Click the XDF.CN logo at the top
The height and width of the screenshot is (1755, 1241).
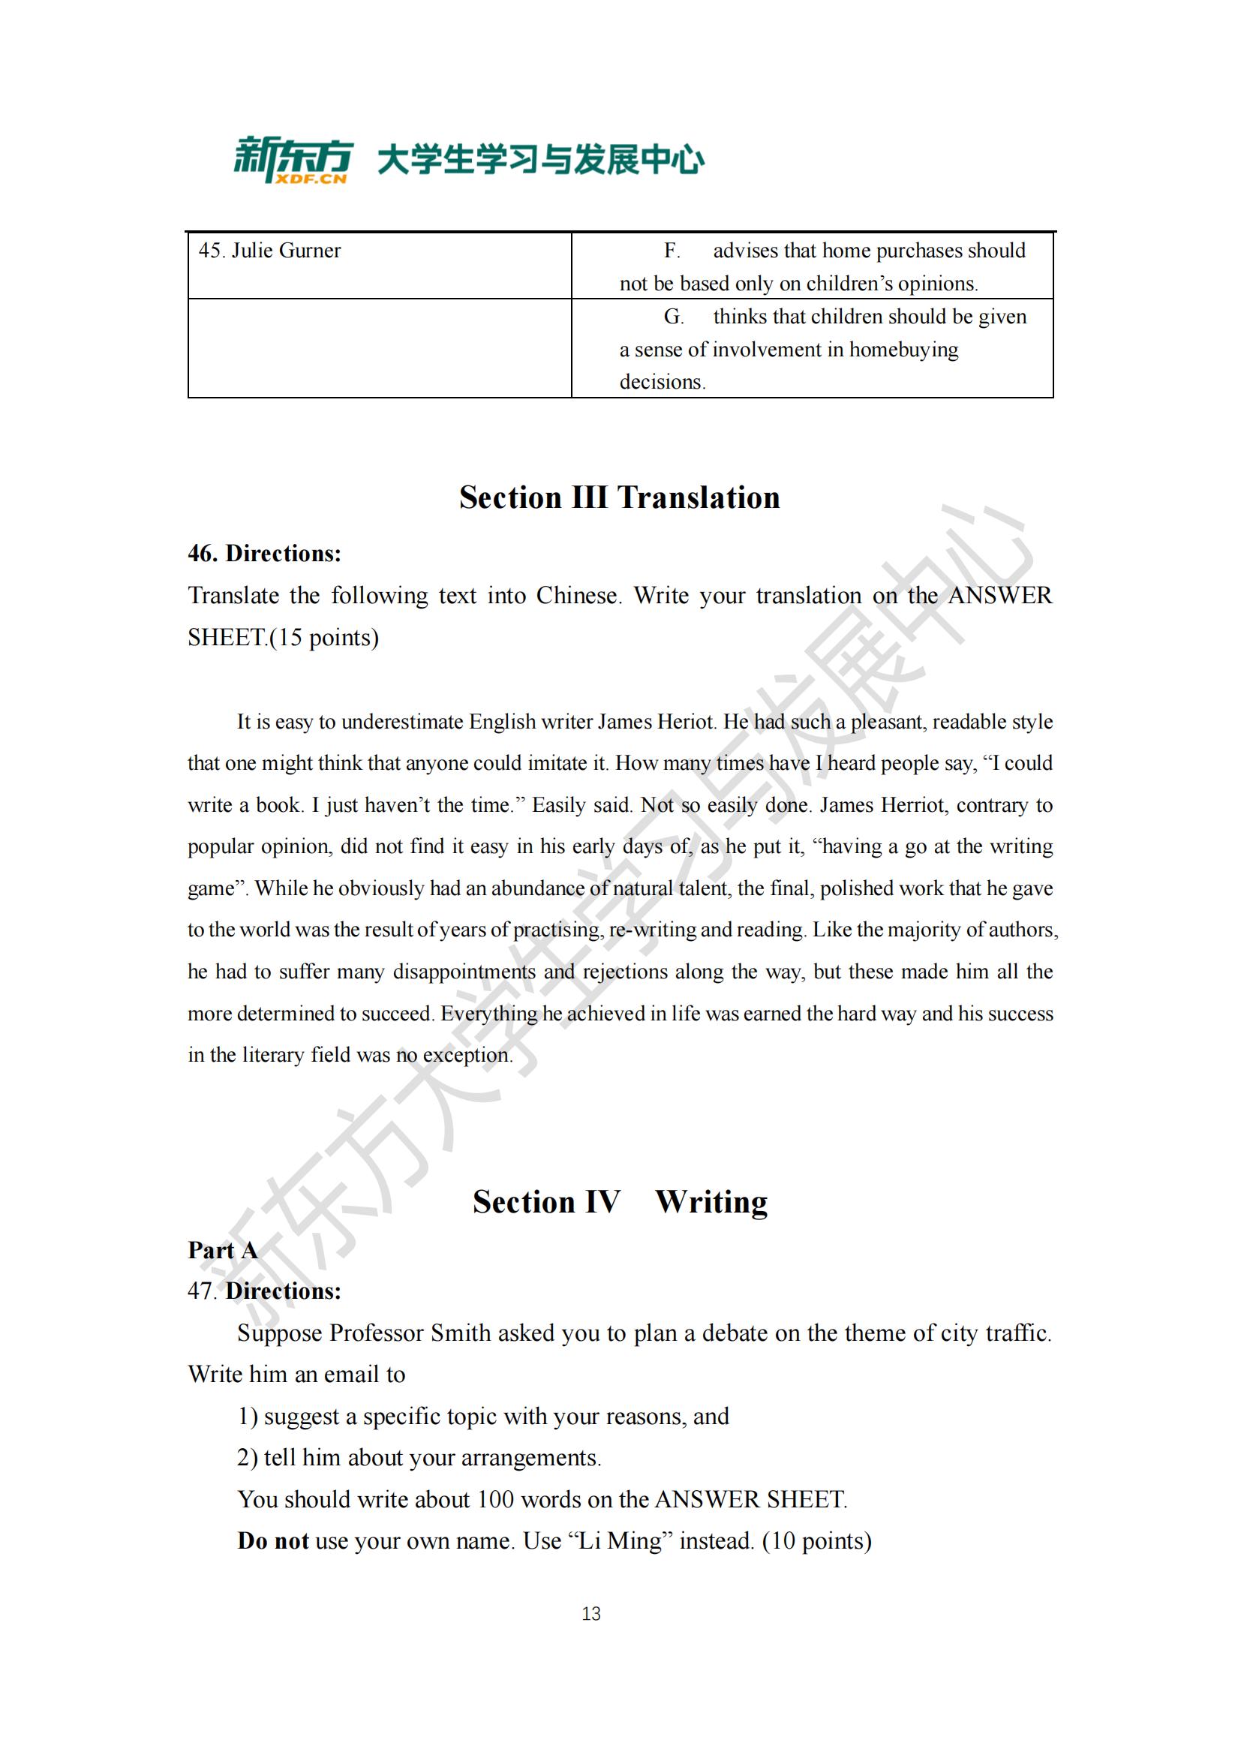click(x=293, y=160)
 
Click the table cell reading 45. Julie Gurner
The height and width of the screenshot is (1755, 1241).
click(x=270, y=251)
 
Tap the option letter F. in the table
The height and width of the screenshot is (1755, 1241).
click(x=672, y=251)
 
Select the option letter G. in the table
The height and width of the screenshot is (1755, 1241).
click(x=673, y=317)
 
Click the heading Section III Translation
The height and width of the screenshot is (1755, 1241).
click(x=620, y=497)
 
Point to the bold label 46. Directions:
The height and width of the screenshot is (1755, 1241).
click(x=264, y=554)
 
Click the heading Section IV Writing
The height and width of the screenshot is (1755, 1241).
click(x=620, y=1201)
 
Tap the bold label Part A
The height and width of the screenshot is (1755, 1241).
click(x=222, y=1251)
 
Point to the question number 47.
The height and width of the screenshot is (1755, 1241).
click(x=202, y=1292)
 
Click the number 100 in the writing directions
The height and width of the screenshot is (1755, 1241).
click(x=495, y=1500)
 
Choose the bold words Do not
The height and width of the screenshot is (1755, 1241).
click(x=273, y=1541)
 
